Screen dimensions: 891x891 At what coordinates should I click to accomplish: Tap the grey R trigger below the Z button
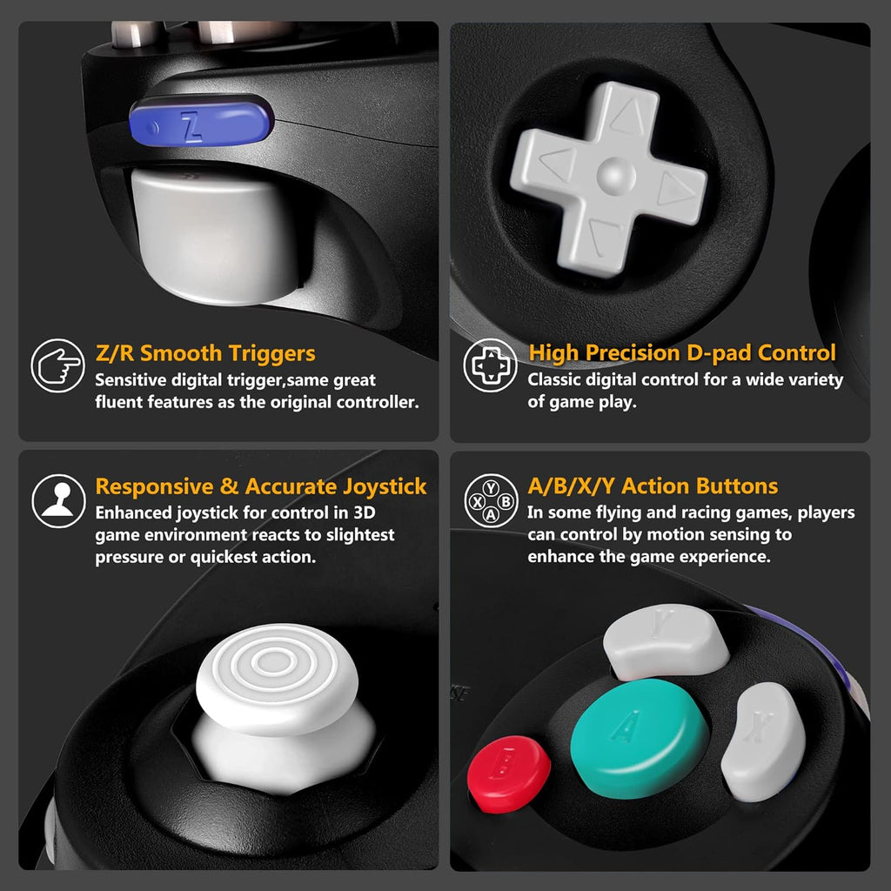204,231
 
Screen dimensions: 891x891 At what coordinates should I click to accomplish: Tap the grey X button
763,739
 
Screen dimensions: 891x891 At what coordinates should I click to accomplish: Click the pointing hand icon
57,365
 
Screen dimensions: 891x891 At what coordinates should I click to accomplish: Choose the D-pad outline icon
489,365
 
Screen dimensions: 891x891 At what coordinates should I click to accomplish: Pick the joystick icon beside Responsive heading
57,500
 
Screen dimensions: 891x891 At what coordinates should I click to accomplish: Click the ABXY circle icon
491,500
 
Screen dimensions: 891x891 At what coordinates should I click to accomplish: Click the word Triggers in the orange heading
271,354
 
